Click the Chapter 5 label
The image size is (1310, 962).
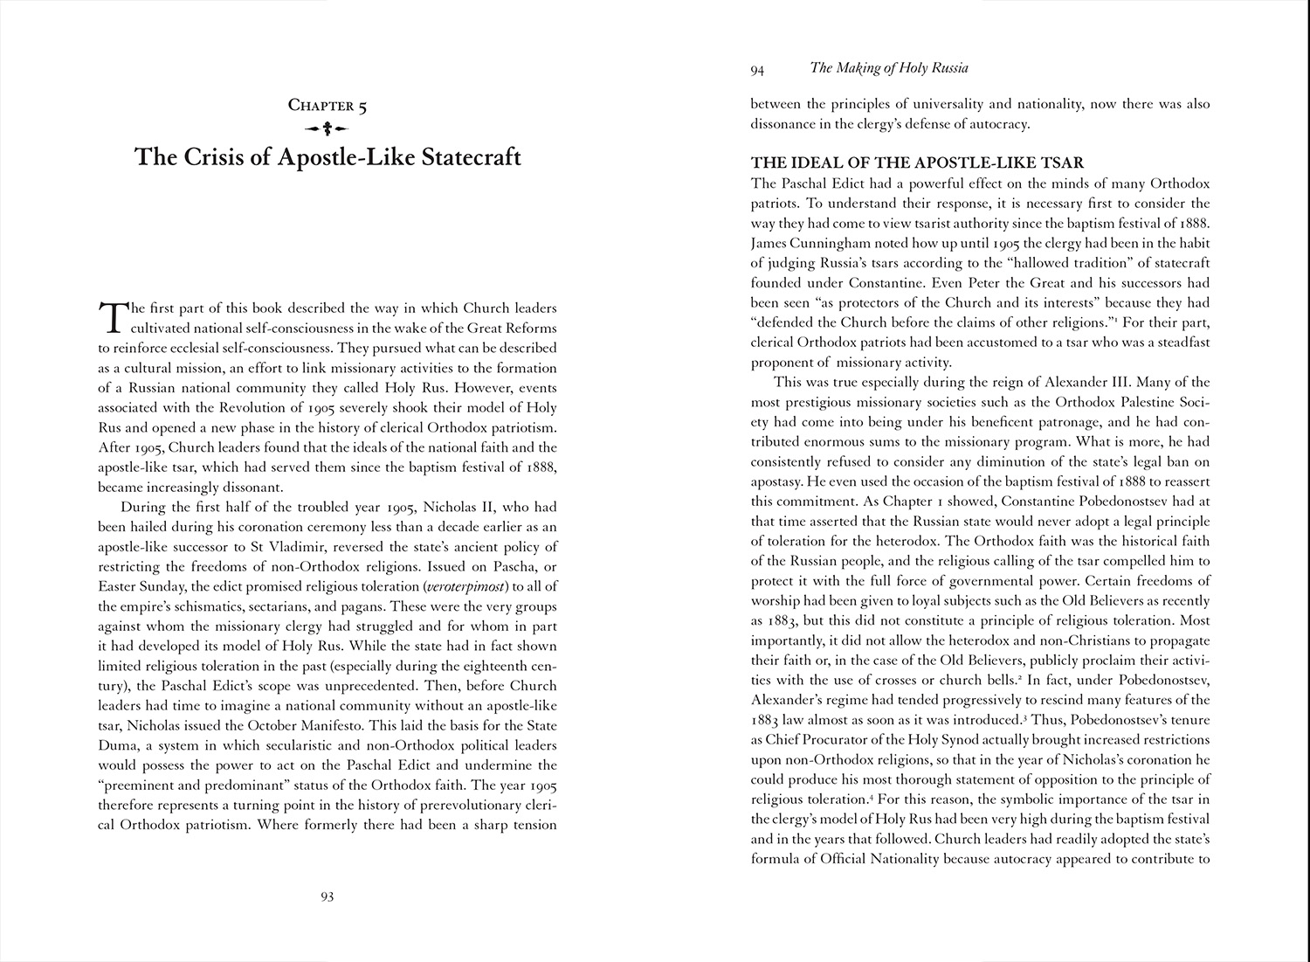point(327,106)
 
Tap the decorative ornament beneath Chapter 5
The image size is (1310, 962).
point(327,129)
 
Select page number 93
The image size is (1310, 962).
point(327,896)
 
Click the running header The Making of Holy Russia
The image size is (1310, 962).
point(890,67)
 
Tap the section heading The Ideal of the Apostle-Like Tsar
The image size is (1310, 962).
point(918,163)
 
